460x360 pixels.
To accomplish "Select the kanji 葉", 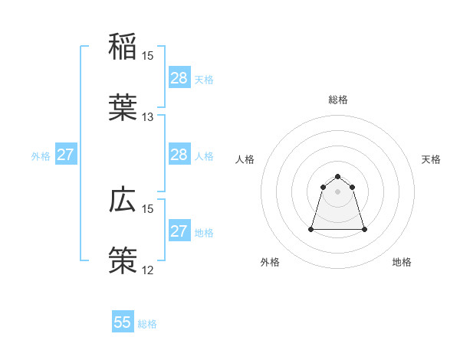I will (123, 108).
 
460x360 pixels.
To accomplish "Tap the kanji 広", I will (123, 201).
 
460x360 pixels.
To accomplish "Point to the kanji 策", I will (123, 261).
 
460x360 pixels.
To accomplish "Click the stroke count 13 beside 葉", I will (148, 117).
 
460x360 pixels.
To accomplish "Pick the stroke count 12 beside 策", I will (148, 270).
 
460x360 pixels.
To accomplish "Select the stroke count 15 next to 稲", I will (148, 56).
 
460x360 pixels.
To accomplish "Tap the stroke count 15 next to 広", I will (148, 208).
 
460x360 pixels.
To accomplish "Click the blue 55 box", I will (123, 322).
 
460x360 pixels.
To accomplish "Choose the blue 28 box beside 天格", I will (179, 78).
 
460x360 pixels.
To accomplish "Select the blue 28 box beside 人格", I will (179, 155).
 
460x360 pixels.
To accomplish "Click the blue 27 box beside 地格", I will (179, 231).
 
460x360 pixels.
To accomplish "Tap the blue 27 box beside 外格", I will (66, 155).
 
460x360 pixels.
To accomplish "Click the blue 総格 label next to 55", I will (147, 324).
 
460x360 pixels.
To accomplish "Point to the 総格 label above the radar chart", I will (338, 100).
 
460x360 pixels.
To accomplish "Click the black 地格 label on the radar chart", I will (402, 263).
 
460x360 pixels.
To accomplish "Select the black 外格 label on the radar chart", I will (270, 263).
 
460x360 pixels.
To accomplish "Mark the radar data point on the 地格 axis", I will (364, 229).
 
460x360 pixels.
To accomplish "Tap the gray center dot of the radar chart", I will (338, 191).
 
